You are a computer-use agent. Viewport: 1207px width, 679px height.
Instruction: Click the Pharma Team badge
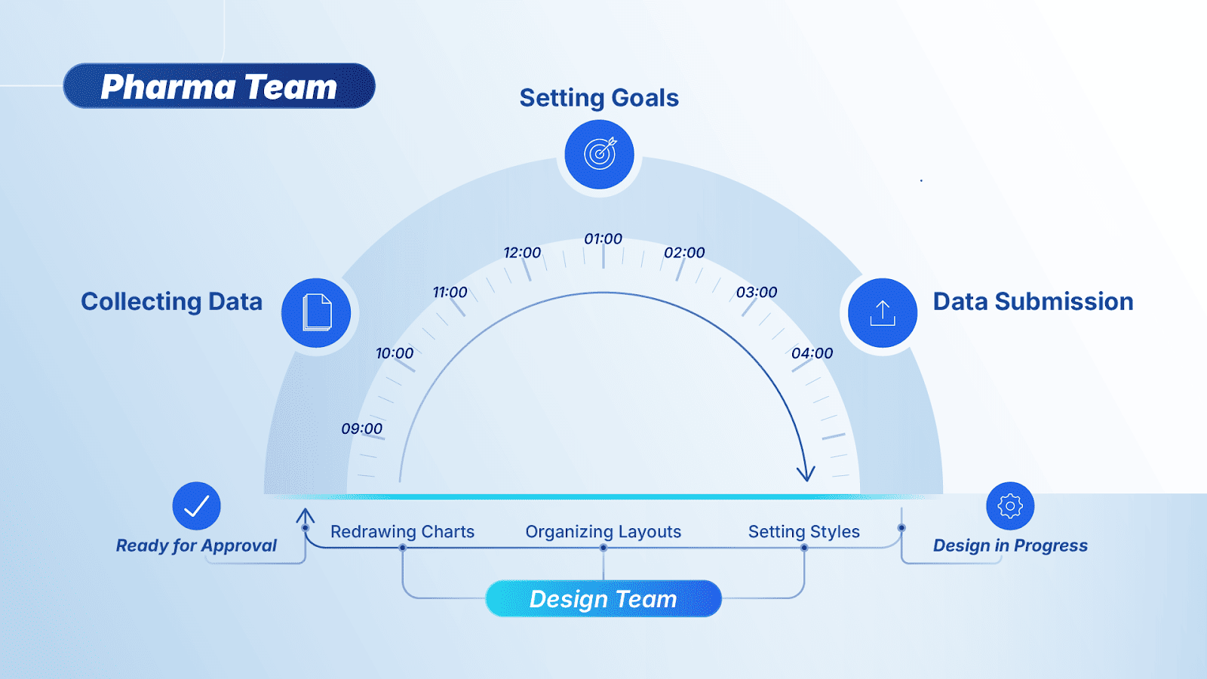pos(219,86)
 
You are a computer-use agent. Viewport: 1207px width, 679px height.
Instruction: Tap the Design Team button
pos(603,598)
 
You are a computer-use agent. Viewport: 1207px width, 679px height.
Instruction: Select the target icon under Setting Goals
pos(600,154)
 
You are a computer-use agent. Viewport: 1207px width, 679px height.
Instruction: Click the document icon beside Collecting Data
pos(316,312)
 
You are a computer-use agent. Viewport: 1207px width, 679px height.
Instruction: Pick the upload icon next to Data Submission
pos(882,312)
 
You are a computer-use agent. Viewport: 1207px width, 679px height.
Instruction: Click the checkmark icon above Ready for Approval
pos(196,505)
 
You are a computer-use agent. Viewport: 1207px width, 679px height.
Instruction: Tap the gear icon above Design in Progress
pos(1010,505)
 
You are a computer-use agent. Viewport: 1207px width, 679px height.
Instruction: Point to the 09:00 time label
pos(362,429)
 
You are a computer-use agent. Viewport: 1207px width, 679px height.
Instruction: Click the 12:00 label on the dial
pos(522,253)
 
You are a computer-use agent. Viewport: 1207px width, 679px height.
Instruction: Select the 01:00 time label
pos(603,239)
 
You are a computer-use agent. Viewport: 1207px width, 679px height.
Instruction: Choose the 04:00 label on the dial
pos(812,353)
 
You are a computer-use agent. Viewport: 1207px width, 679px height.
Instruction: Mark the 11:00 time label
pos(450,292)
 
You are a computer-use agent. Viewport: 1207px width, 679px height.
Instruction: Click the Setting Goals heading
pos(599,98)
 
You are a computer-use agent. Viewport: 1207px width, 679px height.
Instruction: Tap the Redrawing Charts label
pos(402,532)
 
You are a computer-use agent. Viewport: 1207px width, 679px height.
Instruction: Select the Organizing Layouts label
pos(603,532)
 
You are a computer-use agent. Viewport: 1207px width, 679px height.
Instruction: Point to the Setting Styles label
pos(804,532)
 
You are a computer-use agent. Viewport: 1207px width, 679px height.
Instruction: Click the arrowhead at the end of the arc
pos(806,475)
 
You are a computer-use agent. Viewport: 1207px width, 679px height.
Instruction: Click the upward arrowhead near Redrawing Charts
pos(305,516)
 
